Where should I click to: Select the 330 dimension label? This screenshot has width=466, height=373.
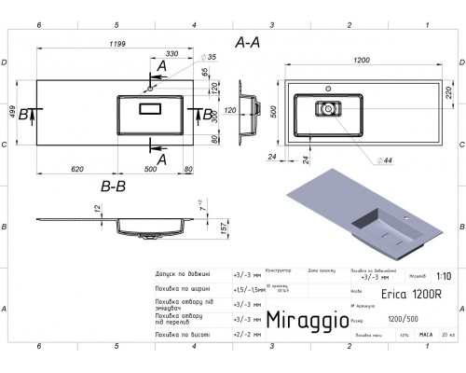(x=172, y=55)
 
